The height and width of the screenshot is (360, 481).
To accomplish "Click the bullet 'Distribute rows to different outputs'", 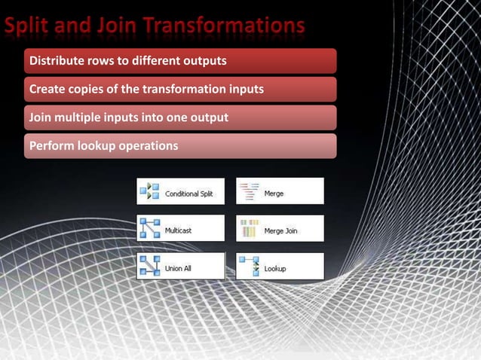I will coord(127,59).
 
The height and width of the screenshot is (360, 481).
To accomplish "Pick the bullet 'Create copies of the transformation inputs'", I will coord(146,90).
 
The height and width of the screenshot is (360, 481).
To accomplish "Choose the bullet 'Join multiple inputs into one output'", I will coord(128,117).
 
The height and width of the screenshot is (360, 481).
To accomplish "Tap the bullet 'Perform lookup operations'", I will coord(103,145).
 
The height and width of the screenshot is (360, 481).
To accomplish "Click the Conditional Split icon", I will coord(149,192).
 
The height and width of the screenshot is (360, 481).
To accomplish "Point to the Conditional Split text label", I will coord(188,194).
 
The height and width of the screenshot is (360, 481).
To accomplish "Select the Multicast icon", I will coord(149,229).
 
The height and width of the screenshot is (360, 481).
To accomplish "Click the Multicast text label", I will coord(178,230).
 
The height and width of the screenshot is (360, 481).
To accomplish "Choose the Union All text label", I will coord(178,268).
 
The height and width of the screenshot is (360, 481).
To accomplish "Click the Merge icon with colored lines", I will coord(249,192).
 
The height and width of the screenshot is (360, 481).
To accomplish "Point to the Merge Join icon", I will coord(249,228).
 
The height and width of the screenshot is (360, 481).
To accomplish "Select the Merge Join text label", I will coord(280,230).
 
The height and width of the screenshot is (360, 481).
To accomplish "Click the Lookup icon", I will coord(249,266).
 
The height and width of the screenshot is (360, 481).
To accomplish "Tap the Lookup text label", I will coord(275,268).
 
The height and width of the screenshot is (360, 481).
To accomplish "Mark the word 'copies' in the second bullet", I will coord(83,90).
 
